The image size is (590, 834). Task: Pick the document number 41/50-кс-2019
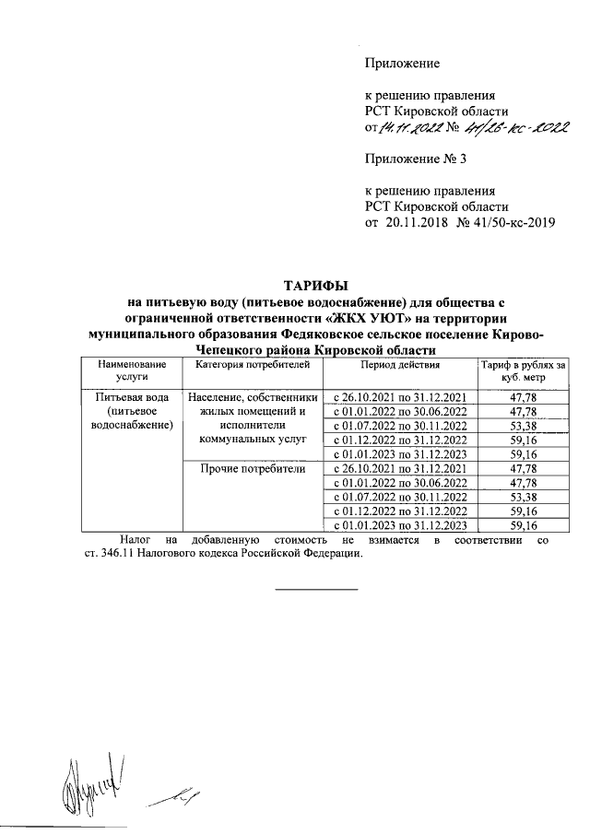pos(509,222)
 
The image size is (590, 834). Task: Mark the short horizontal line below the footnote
pos(316,588)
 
